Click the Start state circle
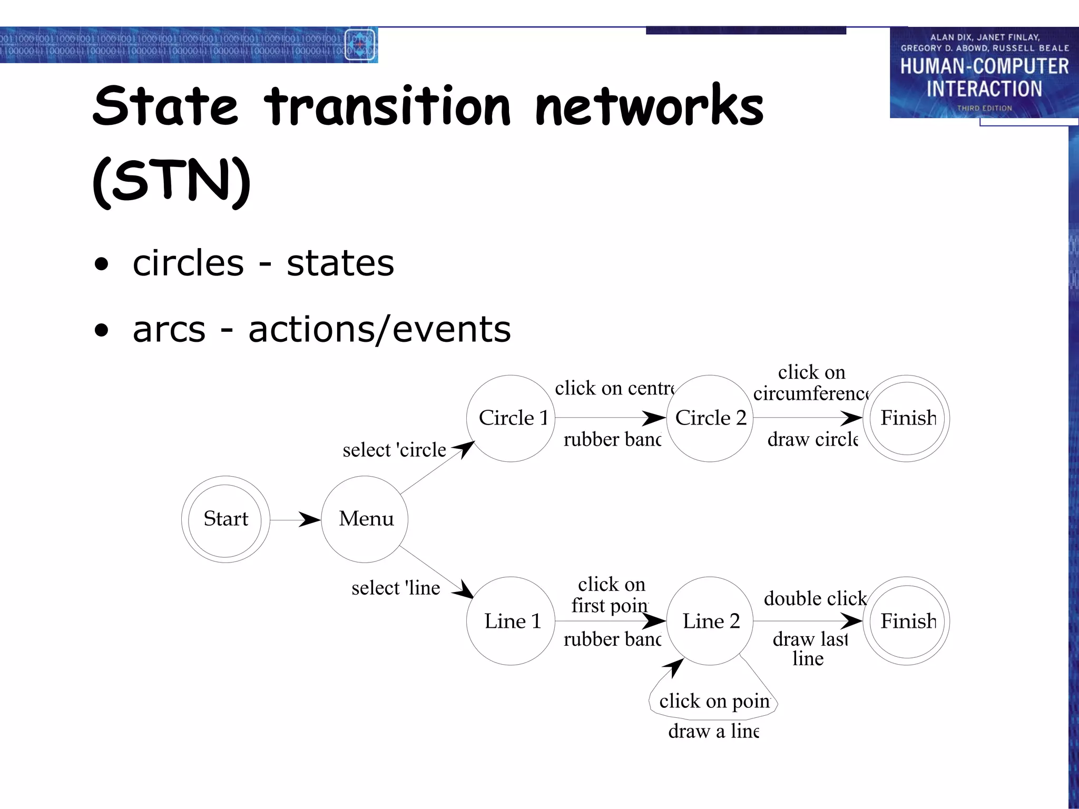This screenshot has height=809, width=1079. (225, 519)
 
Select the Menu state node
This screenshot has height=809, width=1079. (365, 519)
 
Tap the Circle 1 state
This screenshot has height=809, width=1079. (511, 418)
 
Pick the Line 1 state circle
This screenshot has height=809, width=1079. (511, 621)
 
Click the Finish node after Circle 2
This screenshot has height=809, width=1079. (907, 418)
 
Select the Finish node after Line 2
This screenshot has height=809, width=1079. (907, 621)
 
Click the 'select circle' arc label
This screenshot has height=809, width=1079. (394, 450)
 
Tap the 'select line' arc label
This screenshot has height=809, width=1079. (396, 588)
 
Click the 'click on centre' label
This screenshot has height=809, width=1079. (614, 388)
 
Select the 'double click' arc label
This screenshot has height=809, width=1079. (815, 598)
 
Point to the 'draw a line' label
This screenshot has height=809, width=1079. (713, 731)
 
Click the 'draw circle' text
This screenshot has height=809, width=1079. (812, 439)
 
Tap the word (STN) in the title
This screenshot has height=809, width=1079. (172, 181)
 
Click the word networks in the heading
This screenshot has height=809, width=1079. (649, 106)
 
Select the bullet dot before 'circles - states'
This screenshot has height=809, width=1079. (101, 264)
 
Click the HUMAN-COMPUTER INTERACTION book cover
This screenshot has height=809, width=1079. (984, 73)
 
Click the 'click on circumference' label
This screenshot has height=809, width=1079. (811, 383)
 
